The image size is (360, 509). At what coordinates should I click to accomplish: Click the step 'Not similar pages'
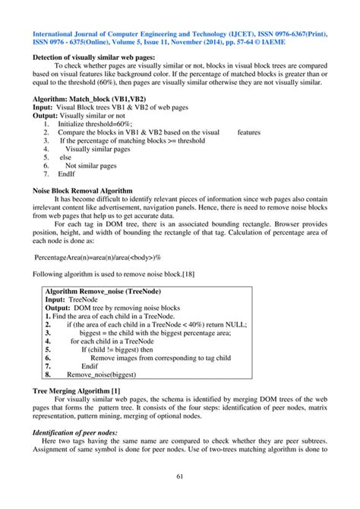pos(91,166)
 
